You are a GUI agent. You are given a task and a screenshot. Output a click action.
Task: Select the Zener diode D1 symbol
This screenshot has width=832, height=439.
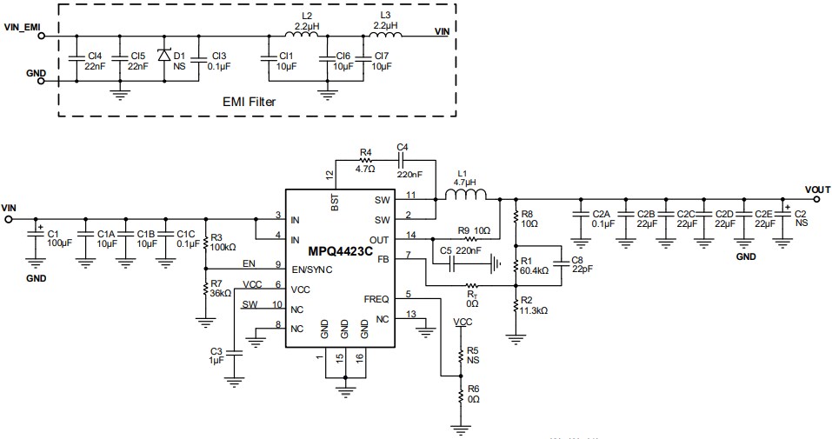point(163,54)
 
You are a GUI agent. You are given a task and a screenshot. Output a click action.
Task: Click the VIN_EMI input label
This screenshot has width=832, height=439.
point(23,27)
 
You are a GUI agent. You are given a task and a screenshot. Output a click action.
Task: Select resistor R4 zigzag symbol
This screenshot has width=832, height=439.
point(365,160)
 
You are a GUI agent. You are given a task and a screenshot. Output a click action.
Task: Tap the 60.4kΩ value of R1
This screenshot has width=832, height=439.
point(533,270)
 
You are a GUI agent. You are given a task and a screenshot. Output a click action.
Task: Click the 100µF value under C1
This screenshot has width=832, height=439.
point(58,244)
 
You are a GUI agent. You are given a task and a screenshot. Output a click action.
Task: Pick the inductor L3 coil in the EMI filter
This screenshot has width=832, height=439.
point(383,37)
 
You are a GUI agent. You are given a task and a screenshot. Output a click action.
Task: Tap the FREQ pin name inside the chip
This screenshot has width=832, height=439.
point(376,298)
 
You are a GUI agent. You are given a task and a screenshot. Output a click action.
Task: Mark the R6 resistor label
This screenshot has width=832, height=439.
point(472,389)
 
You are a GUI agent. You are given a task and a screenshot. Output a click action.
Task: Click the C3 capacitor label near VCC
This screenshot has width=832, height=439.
point(216,349)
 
